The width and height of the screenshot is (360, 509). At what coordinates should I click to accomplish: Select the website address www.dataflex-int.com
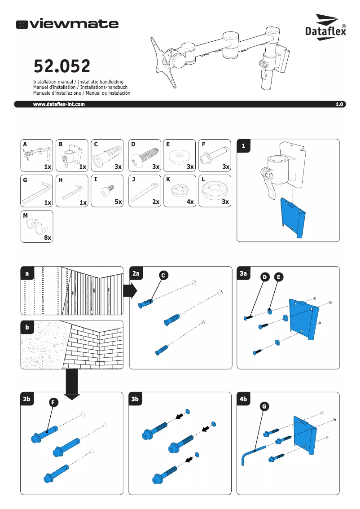click(x=59, y=104)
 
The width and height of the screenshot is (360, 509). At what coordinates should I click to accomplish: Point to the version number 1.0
click(x=339, y=104)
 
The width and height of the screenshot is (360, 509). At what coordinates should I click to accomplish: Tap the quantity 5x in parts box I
click(x=119, y=202)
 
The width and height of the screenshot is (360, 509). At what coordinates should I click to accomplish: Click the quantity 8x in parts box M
click(x=48, y=238)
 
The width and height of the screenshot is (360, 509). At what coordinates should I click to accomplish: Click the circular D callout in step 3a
click(x=265, y=277)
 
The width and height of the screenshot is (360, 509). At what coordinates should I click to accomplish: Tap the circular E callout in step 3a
click(x=279, y=277)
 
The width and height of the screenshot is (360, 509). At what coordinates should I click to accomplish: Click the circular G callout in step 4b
click(x=264, y=407)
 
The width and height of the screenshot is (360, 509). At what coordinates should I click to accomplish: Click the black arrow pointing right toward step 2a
click(x=130, y=290)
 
